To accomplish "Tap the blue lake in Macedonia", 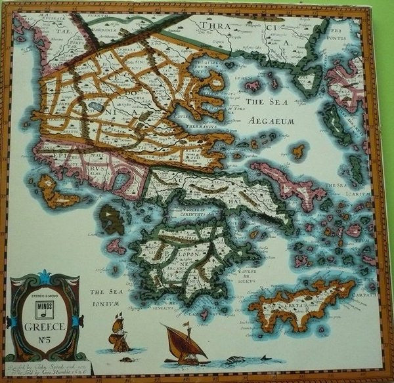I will (x=97, y=105).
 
